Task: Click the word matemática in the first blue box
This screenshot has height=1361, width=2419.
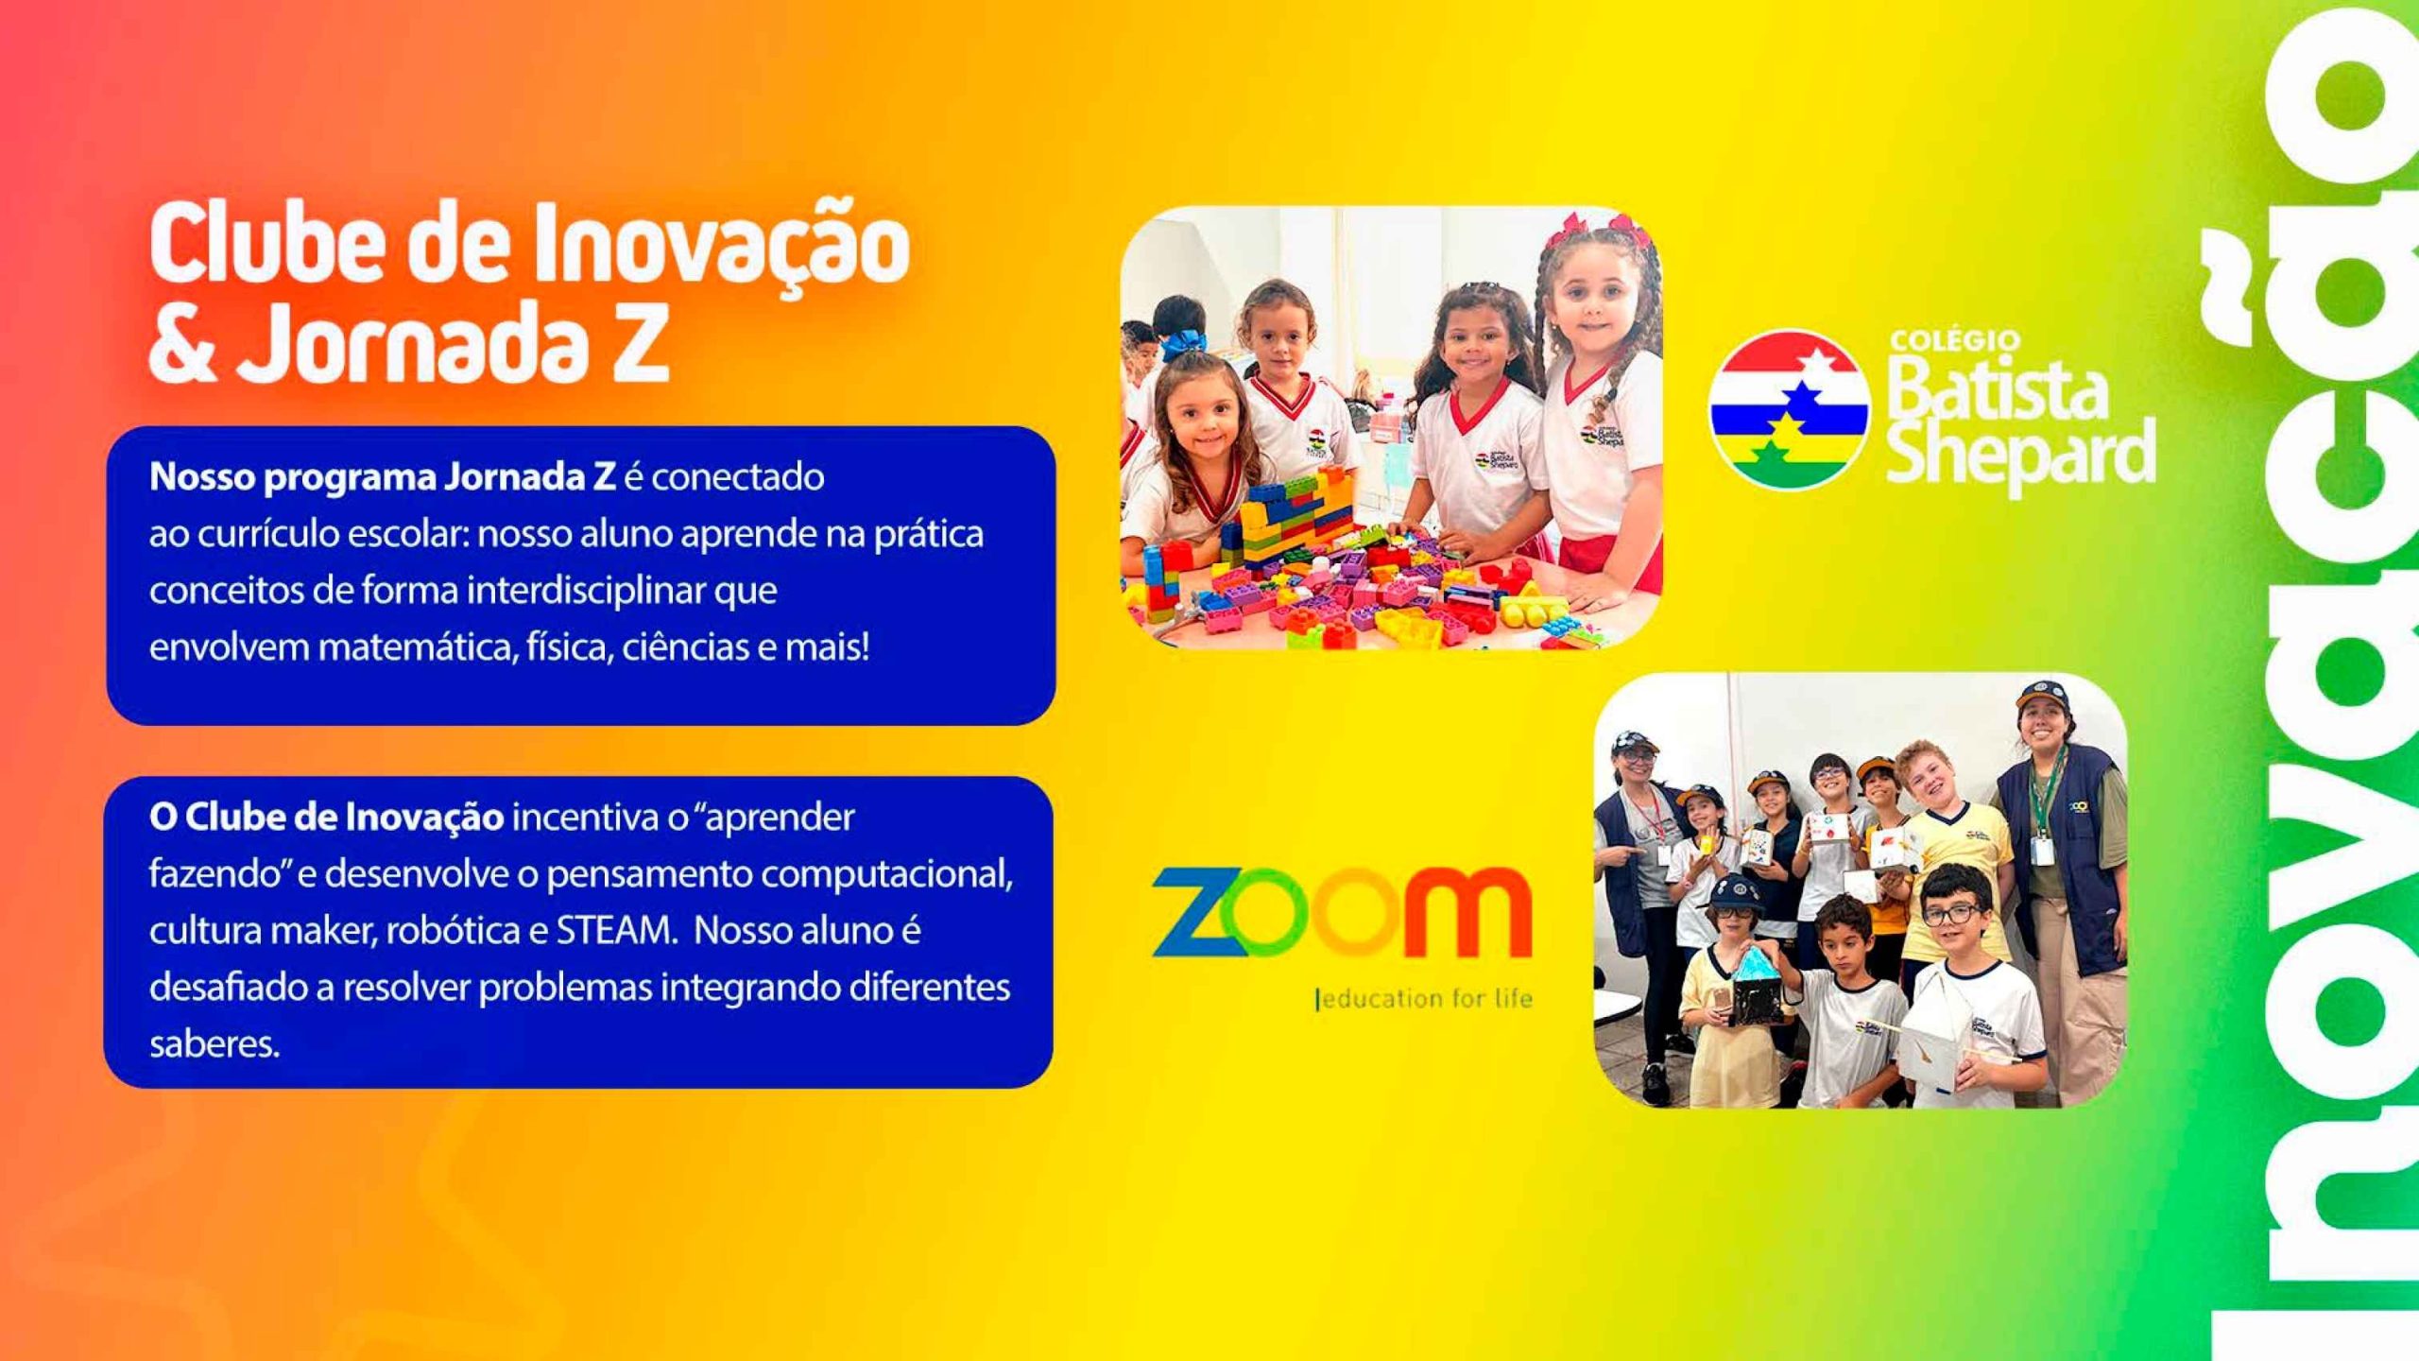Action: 416,648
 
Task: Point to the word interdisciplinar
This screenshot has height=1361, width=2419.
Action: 586,592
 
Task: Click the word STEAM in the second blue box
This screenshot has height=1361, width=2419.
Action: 614,931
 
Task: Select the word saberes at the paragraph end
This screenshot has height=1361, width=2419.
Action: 214,1044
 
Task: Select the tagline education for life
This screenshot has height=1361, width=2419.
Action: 1423,999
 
